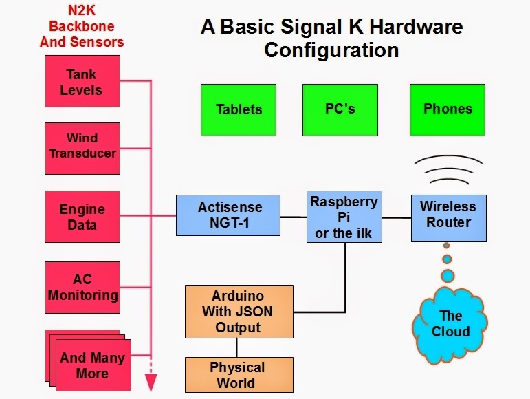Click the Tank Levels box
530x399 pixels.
82,82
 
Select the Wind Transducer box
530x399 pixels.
82,145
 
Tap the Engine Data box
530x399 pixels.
82,217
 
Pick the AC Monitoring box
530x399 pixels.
82,287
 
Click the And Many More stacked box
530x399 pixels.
91,365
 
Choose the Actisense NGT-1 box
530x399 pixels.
229,215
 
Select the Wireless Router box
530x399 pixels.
448,215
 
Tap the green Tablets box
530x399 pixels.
239,109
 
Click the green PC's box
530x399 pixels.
340,109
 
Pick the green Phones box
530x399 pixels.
448,109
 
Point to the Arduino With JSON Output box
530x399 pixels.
238,311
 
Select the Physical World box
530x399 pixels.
238,375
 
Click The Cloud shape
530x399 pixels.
450,325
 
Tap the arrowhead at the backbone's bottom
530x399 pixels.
151,382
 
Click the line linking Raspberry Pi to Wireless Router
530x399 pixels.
396,217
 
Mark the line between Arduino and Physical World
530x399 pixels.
238,347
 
